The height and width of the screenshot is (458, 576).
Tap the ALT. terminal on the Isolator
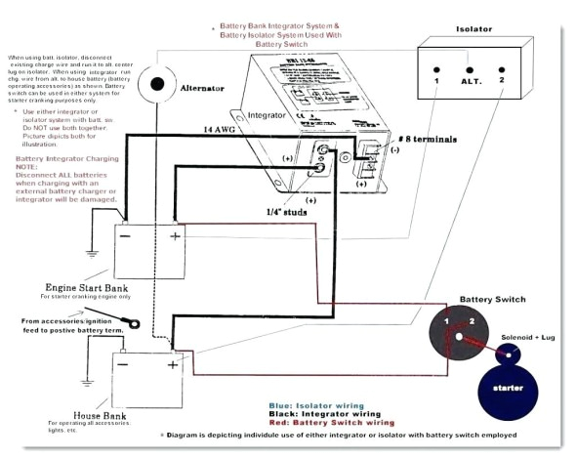point(471,77)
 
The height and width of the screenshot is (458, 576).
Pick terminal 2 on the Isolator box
point(502,77)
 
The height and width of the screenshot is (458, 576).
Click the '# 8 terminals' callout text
point(412,139)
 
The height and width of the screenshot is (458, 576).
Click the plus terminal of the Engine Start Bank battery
point(177,235)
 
